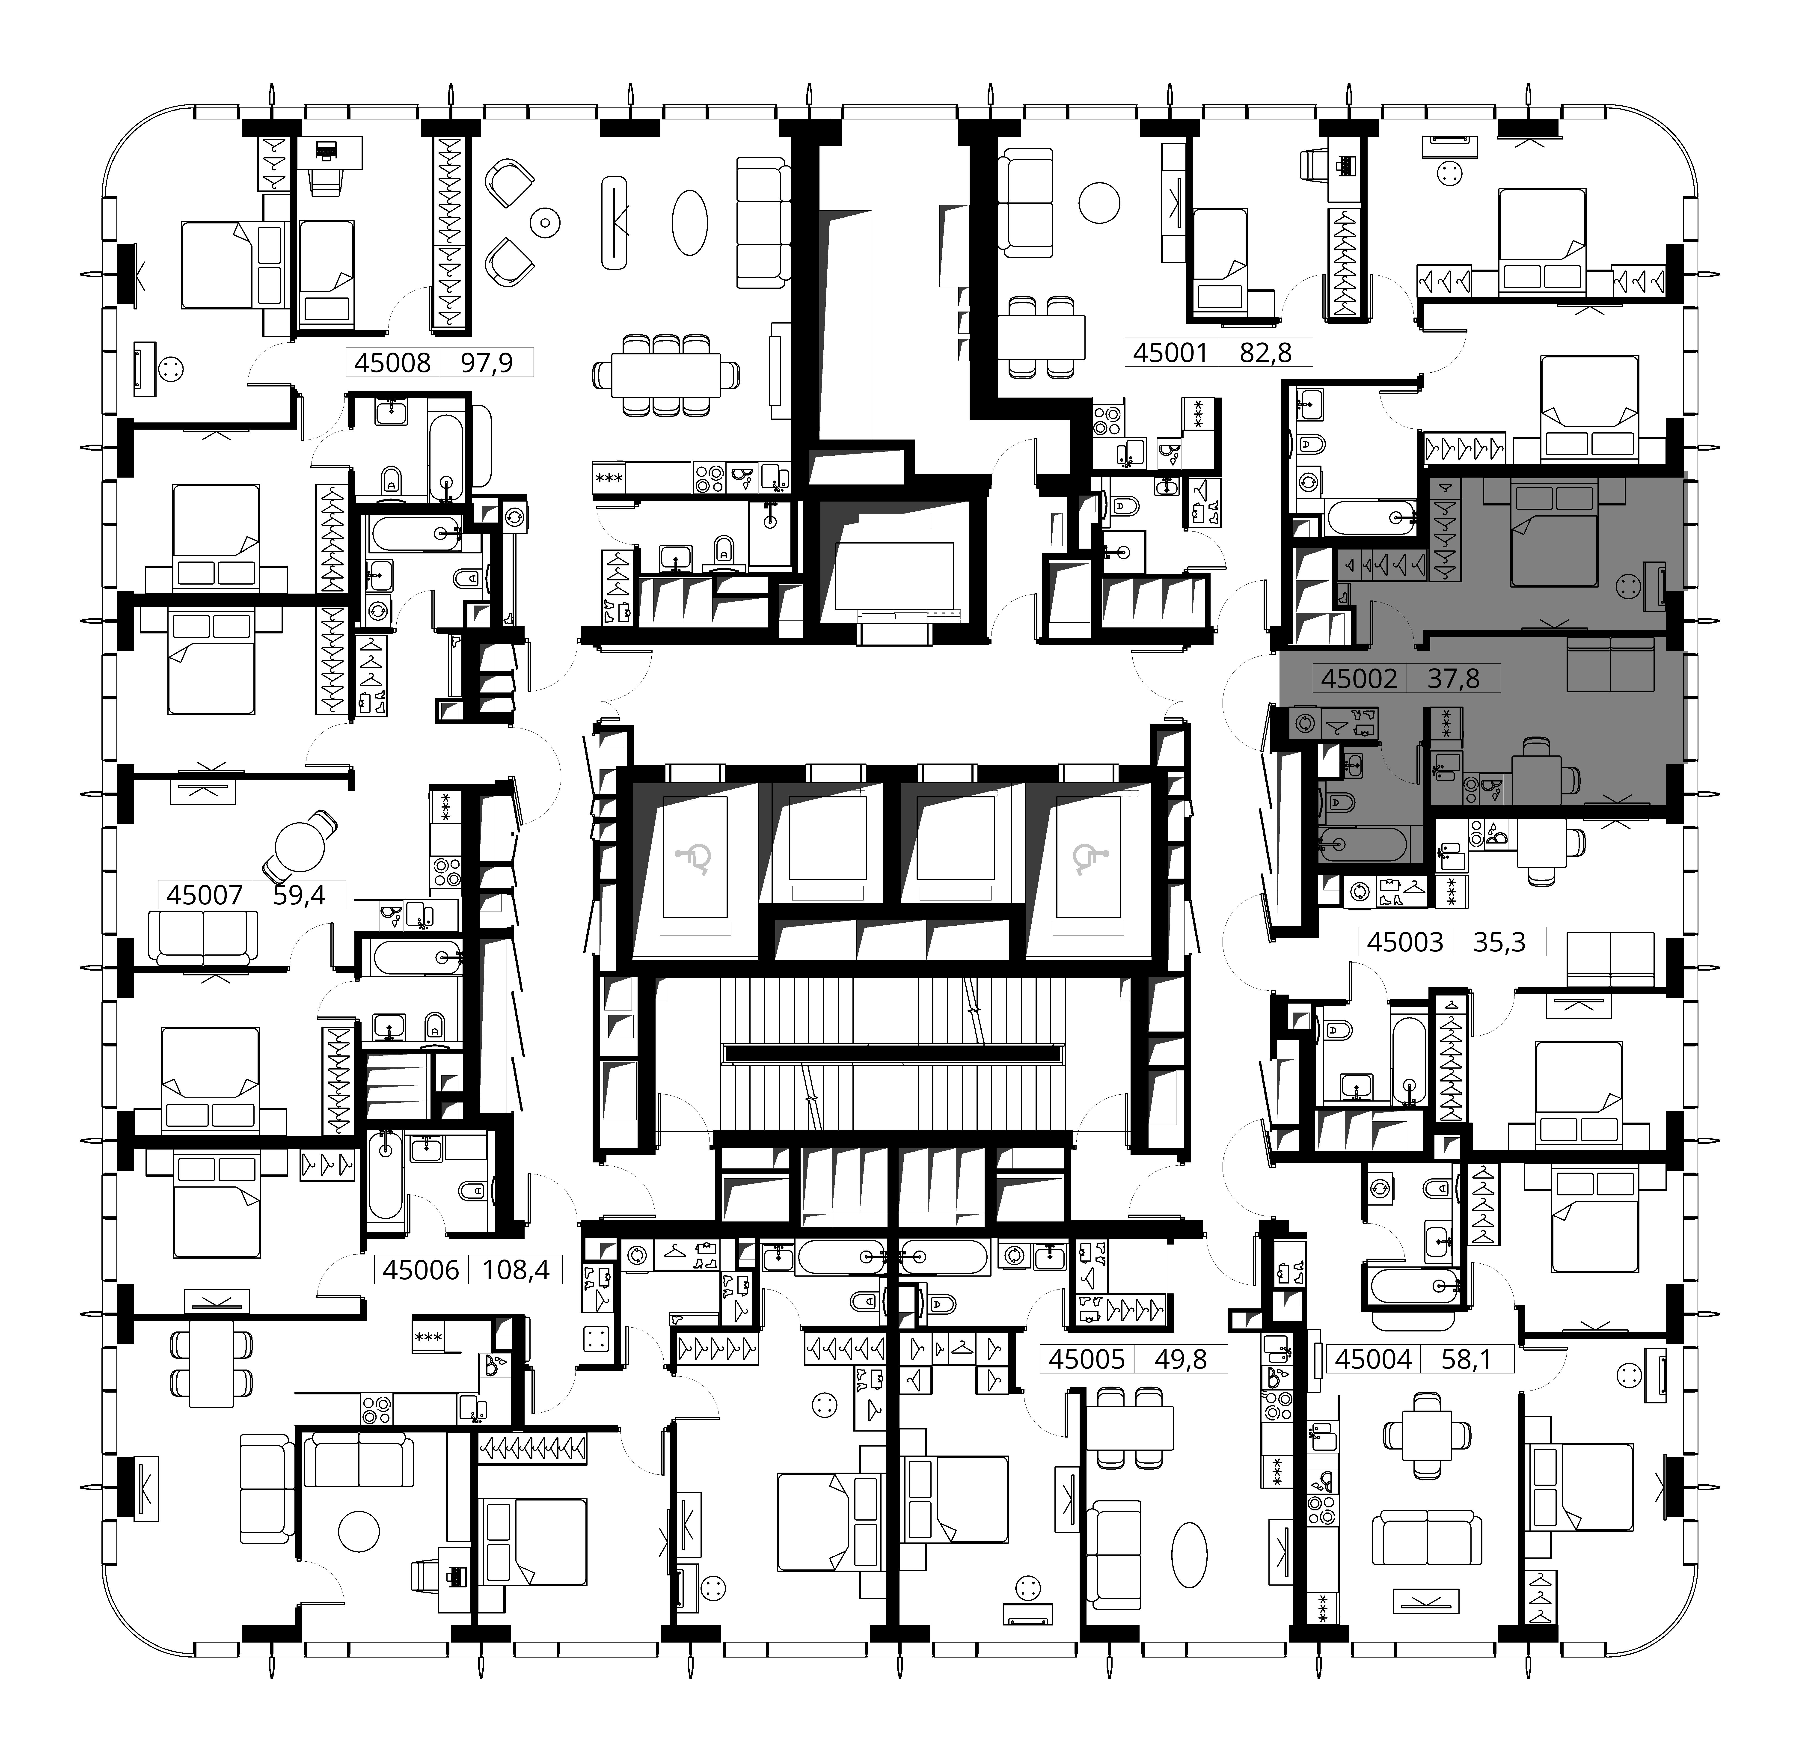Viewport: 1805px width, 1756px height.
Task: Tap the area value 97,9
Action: click(486, 362)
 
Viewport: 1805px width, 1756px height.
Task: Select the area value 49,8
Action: click(1181, 1358)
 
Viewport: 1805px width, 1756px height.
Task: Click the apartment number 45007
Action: click(205, 894)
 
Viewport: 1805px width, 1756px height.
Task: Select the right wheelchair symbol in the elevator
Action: click(1087, 860)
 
